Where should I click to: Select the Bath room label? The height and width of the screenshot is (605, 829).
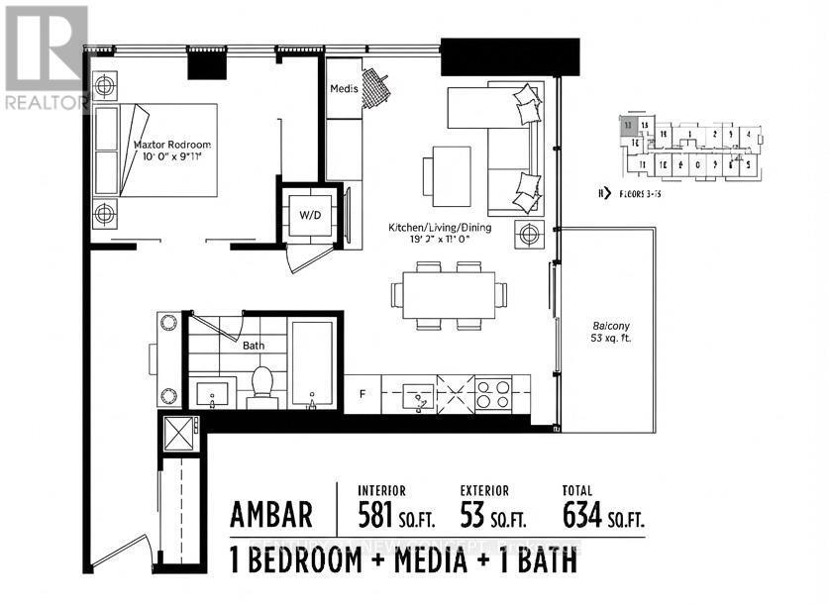(x=254, y=347)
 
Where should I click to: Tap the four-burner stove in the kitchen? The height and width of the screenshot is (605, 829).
(x=492, y=393)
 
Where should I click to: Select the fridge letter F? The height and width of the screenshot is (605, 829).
(x=363, y=394)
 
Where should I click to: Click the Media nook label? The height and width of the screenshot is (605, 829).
(x=344, y=90)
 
